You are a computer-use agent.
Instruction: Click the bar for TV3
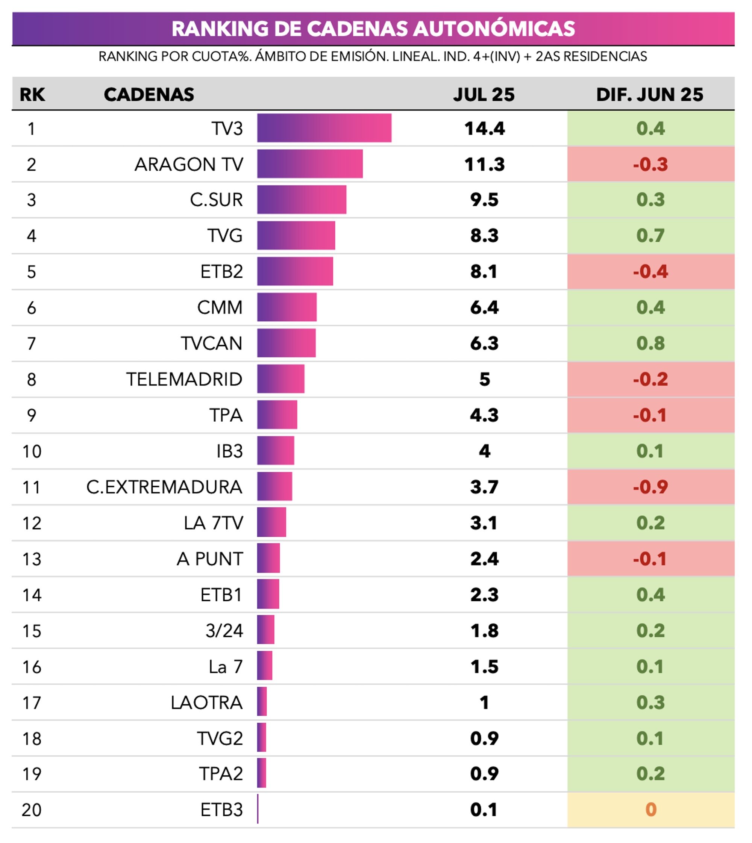point(324,128)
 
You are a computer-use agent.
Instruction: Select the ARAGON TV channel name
point(189,164)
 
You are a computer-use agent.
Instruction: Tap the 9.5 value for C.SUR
point(484,200)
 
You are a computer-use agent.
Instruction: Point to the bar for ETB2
point(295,271)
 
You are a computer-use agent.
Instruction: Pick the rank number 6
point(32,308)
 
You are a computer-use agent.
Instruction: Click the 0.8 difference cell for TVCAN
point(650,343)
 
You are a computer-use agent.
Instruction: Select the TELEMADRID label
point(184,379)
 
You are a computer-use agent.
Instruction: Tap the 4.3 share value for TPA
point(484,415)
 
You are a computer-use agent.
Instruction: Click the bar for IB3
point(276,451)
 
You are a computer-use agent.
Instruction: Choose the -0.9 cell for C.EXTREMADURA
point(650,487)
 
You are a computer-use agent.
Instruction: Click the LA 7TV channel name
point(213,523)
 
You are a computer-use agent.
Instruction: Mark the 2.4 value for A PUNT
point(484,559)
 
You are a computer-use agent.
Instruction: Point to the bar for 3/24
point(266,630)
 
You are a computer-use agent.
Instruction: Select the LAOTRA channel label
point(206,702)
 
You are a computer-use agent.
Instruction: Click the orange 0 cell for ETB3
point(650,810)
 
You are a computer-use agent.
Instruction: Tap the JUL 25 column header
point(484,95)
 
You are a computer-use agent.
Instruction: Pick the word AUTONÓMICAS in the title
point(494,29)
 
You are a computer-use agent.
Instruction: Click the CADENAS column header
point(149,95)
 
